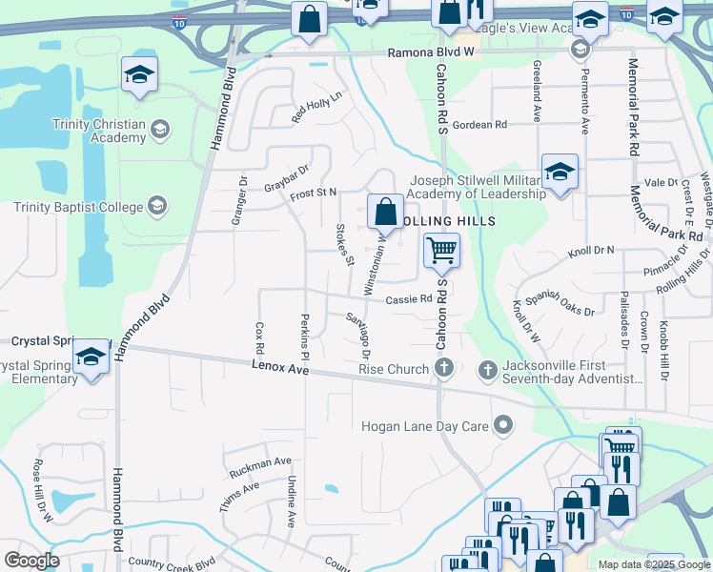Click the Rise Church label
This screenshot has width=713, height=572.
[x=394, y=369]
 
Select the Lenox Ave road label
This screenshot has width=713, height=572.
[x=280, y=366]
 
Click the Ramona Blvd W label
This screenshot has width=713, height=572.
[x=430, y=54]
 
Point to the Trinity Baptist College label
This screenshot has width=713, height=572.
[x=78, y=207]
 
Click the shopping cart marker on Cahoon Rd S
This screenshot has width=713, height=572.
[x=441, y=252]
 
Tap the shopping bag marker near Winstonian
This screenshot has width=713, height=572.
[x=384, y=212]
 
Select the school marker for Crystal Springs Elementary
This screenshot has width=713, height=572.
[x=92, y=357]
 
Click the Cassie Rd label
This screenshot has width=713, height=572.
[x=409, y=299]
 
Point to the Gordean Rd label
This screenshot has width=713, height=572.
[x=479, y=125]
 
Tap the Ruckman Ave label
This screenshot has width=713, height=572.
[x=260, y=467]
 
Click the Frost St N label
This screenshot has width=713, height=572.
[x=314, y=193]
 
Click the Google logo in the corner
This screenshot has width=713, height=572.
[x=31, y=561]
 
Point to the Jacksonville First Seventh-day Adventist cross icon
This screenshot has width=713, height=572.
[x=487, y=369]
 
